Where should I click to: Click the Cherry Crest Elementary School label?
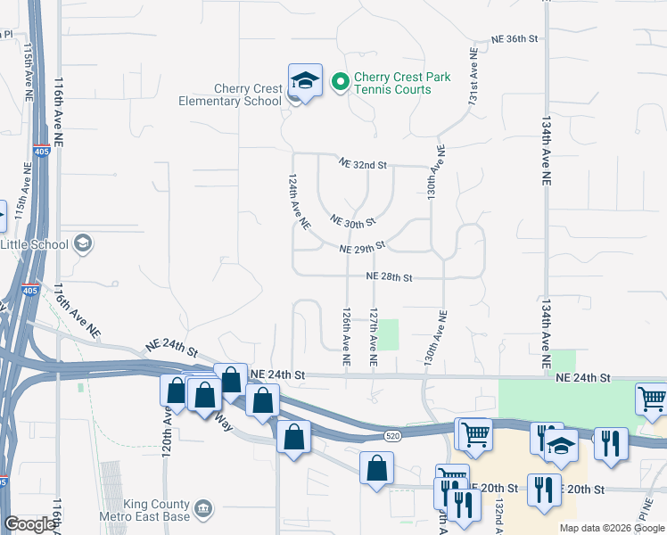[x=247, y=95]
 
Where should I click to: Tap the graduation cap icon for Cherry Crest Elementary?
[x=304, y=82]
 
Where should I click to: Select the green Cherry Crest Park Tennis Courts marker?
[x=340, y=83]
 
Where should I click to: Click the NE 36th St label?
[x=515, y=39]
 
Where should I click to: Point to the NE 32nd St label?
[x=362, y=164]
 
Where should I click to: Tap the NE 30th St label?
[x=352, y=220]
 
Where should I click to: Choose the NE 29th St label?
[x=362, y=247]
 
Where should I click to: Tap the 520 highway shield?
[x=393, y=435]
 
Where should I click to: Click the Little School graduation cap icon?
[x=83, y=243]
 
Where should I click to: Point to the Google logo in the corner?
[x=29, y=524]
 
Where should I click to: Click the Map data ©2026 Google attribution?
[x=612, y=528]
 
